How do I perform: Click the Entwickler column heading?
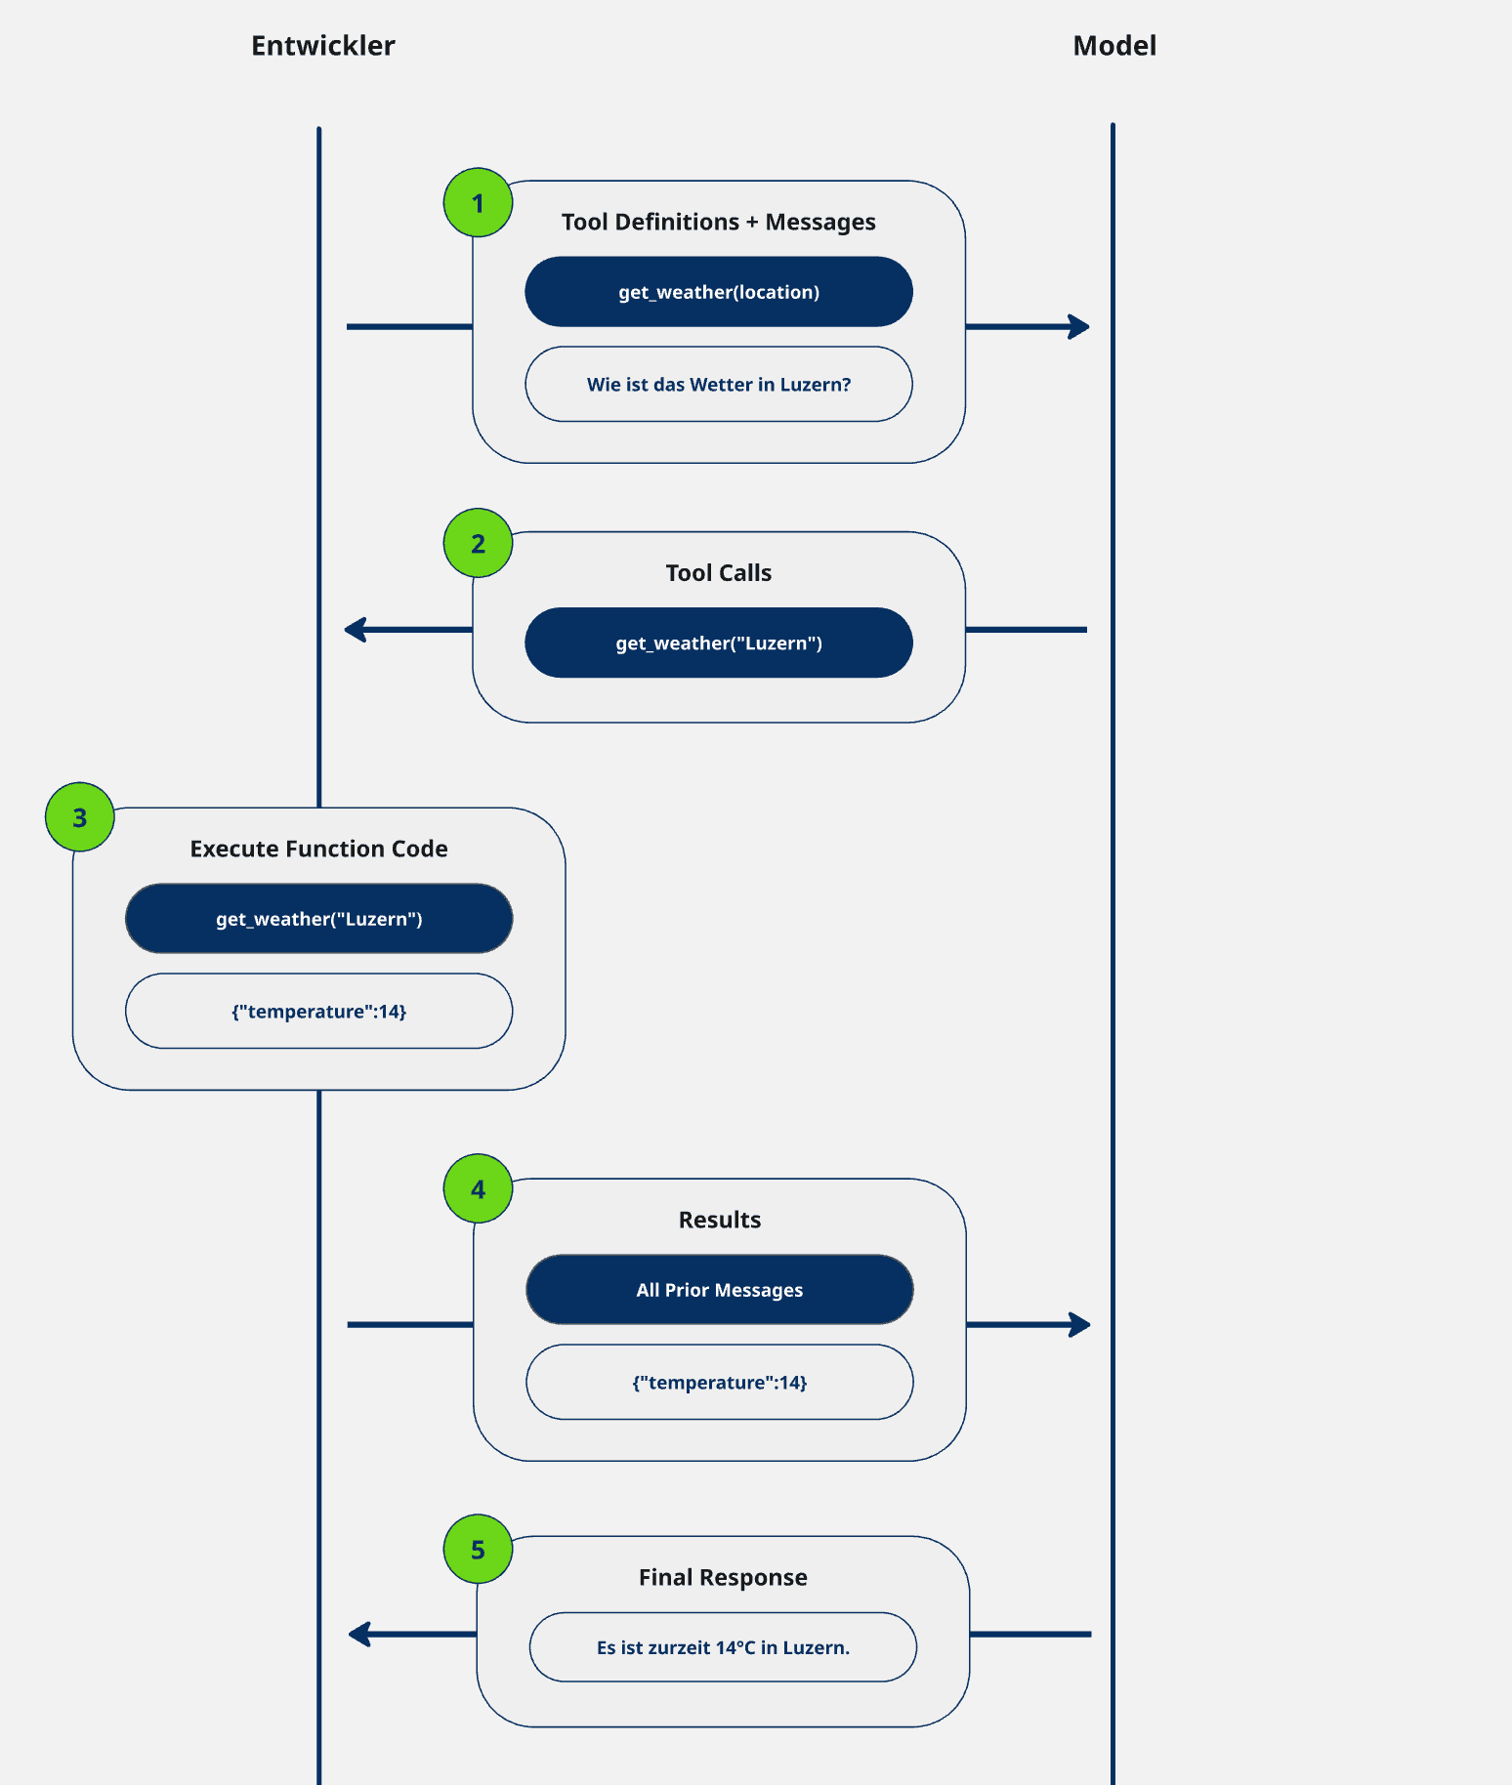pos(322,46)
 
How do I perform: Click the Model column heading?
pos(1113,46)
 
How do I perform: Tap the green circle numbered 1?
pos(478,203)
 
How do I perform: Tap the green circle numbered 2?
pos(478,543)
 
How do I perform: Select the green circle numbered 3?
pos(80,817)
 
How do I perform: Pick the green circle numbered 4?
pos(478,1189)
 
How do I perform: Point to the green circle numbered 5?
pos(478,1550)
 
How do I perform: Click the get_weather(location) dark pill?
pos(719,292)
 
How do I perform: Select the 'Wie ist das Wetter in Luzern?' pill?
pos(719,385)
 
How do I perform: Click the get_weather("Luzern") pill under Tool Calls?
pos(719,643)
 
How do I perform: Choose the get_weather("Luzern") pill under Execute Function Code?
pos(318,919)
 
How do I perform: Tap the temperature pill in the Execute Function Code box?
pos(318,1012)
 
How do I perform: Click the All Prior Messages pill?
pos(720,1290)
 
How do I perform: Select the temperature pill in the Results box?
pos(720,1383)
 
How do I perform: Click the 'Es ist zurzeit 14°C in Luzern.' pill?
pos(723,1647)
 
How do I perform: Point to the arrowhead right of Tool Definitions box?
pos(1080,327)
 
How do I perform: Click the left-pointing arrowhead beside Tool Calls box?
pos(356,630)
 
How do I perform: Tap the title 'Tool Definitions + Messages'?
pos(719,222)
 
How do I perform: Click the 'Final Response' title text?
pos(723,1577)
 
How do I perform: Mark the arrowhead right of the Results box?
pos(1081,1325)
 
